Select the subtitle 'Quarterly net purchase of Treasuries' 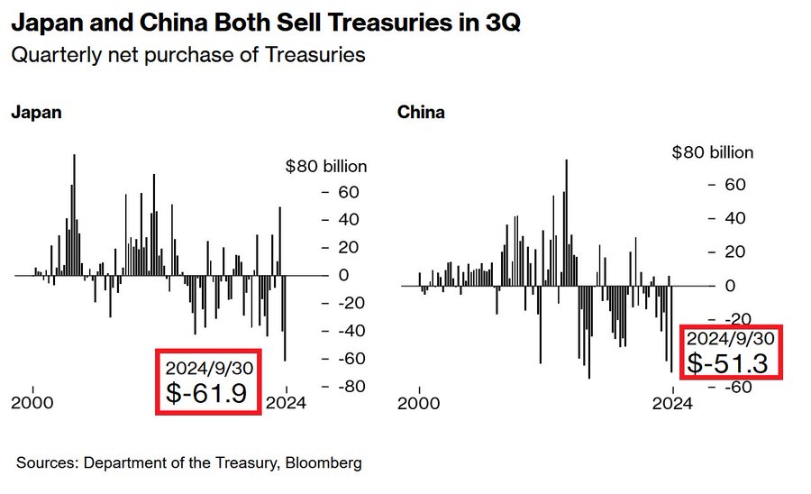187,54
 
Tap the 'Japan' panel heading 36,114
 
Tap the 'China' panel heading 421,114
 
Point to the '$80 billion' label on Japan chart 326,166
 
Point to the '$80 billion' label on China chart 712,152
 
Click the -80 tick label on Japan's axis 347,387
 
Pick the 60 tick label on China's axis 738,185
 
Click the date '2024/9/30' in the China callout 729,338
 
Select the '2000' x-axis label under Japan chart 32,403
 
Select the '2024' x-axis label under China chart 672,404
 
